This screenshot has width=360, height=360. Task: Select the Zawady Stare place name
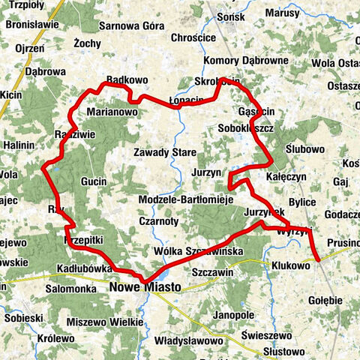point(165,152)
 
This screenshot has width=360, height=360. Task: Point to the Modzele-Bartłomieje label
point(187,200)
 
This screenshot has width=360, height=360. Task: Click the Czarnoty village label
point(158,221)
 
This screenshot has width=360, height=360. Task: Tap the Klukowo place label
point(291,265)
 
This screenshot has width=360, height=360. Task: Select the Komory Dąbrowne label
point(245,61)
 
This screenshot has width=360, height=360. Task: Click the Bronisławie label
point(31,24)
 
